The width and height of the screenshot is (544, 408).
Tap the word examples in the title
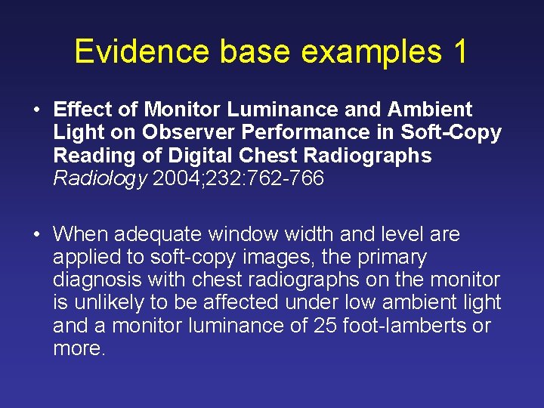[369, 52]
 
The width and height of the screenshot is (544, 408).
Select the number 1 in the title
[459, 52]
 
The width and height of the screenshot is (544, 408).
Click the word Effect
[83, 110]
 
